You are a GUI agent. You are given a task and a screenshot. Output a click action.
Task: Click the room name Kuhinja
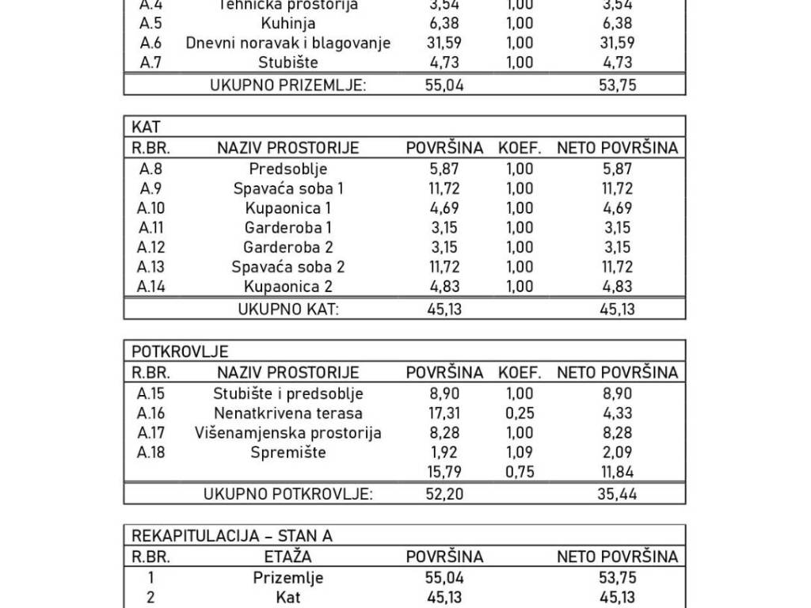287,24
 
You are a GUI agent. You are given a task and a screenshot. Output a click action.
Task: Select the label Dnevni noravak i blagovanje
287,43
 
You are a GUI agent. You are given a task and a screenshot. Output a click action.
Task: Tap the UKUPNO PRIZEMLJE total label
287,85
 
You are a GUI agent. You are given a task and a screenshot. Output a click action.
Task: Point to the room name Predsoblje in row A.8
287,169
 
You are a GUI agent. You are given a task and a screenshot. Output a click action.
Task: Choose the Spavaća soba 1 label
287,188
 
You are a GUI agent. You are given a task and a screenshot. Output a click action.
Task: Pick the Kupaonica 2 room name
287,287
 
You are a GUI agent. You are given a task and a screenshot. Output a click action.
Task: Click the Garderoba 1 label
287,228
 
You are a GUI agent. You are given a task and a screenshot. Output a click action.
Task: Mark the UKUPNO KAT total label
287,309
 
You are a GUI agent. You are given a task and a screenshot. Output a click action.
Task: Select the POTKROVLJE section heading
180,351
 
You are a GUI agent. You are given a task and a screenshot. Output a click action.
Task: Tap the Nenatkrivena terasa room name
287,413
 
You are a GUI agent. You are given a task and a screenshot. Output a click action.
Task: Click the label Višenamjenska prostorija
287,433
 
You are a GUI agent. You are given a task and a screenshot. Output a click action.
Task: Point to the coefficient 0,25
520,413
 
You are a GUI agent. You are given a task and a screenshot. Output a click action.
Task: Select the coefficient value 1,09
520,453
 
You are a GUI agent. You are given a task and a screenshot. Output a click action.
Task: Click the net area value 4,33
617,413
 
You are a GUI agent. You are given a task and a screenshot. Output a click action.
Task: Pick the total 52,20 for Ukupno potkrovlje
444,494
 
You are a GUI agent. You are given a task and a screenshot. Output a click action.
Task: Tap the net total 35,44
617,494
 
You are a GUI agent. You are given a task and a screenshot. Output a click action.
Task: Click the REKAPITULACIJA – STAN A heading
231,536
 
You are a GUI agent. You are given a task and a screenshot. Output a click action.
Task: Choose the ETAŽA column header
287,557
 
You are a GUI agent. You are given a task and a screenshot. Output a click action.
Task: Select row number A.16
150,413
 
